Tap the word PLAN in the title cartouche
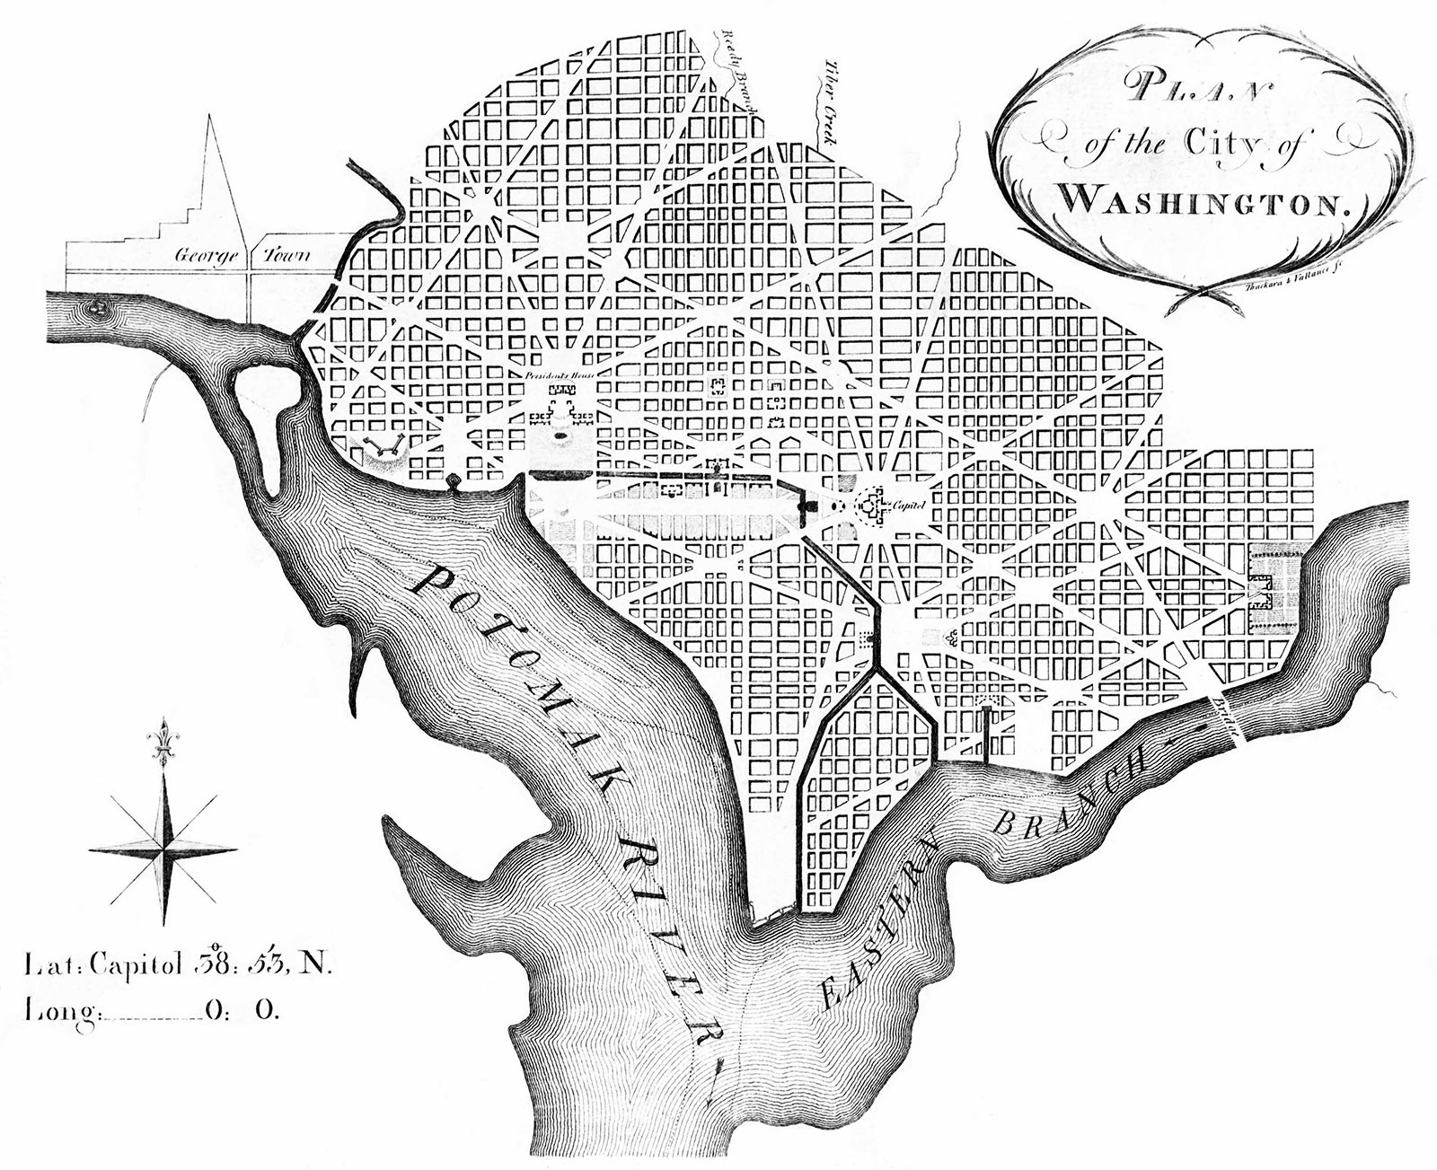coord(1185,90)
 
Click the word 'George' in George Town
coord(206,256)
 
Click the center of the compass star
coord(163,849)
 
